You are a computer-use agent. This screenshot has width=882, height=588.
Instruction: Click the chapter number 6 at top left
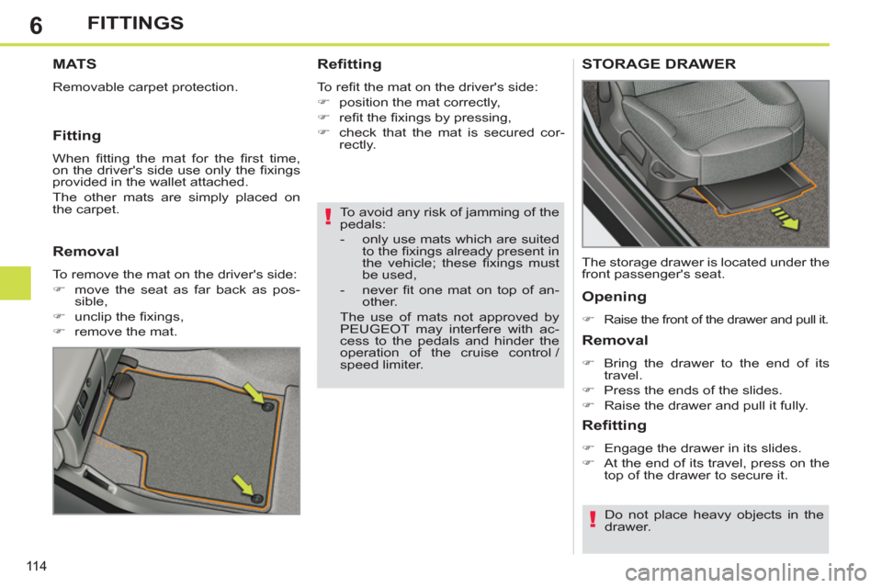point(35,25)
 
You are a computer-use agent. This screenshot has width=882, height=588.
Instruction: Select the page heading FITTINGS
point(135,23)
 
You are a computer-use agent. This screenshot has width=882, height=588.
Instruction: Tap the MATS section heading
point(74,64)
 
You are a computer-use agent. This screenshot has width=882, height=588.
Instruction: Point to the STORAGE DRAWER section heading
point(658,64)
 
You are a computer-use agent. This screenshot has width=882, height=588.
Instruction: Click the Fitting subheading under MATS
point(76,135)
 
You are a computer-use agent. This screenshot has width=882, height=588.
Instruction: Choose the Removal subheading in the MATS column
point(84,250)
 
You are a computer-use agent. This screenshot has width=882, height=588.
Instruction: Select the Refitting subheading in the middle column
point(349,64)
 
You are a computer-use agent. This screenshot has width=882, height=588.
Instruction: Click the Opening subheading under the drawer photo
point(614,297)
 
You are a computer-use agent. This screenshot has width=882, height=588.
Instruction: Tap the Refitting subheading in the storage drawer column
point(615,425)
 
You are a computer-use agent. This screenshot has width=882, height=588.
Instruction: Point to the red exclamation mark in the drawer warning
point(593,521)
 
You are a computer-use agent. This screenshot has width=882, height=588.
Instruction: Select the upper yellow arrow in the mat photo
point(256,395)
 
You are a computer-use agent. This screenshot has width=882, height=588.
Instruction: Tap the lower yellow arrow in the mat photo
point(246,486)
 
